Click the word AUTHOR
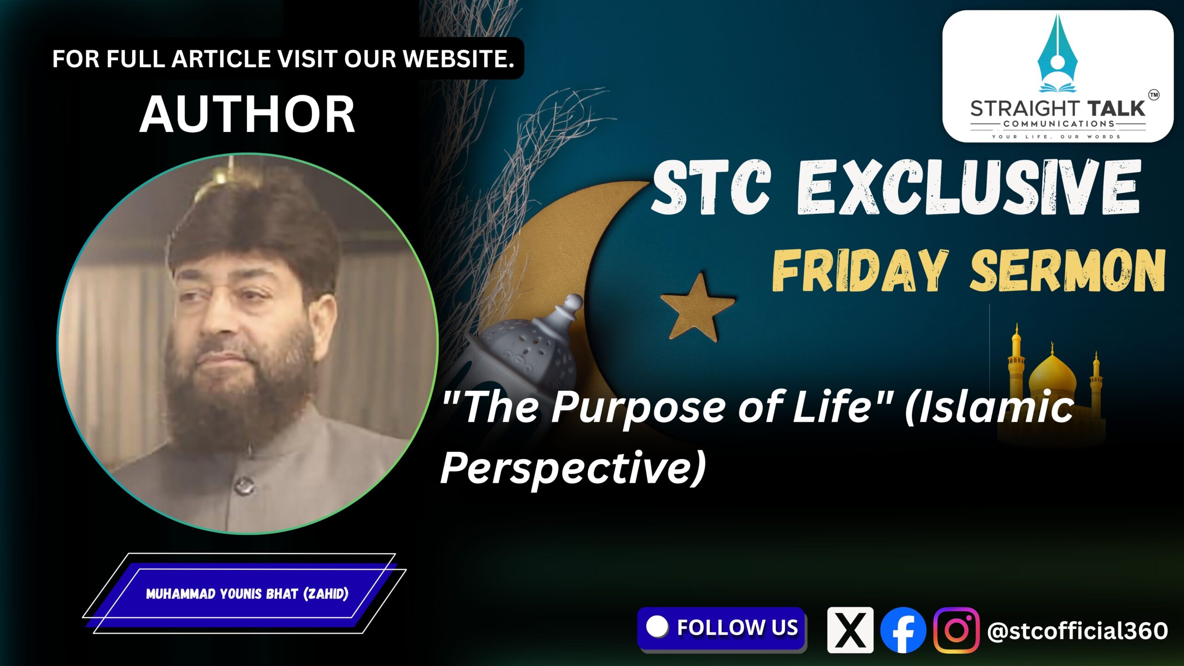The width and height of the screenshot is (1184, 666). tap(247, 114)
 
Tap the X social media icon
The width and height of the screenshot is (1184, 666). tap(850, 630)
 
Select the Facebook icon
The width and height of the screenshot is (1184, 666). tap(903, 630)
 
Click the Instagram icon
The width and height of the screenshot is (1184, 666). tap(956, 630)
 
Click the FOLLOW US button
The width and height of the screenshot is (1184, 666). tap(721, 629)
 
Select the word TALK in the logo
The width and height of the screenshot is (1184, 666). tap(1116, 109)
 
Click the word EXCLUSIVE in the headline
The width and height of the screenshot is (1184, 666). tap(968, 187)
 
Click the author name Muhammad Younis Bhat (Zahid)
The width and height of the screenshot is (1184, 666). tap(247, 594)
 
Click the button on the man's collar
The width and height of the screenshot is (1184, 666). tap(244, 486)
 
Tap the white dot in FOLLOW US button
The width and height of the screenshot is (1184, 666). tap(657, 627)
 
